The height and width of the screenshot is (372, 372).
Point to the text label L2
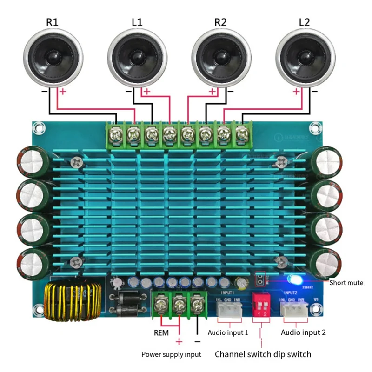(304, 22)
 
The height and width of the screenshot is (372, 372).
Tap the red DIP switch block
(261, 305)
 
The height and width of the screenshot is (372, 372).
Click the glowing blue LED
(295, 279)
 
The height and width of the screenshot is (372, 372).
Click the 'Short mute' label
(346, 282)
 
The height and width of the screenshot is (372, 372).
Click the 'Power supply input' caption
(171, 354)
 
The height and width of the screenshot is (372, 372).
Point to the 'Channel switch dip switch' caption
(263, 354)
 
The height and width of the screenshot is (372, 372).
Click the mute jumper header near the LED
(261, 279)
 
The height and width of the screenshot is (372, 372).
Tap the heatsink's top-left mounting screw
(76, 162)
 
